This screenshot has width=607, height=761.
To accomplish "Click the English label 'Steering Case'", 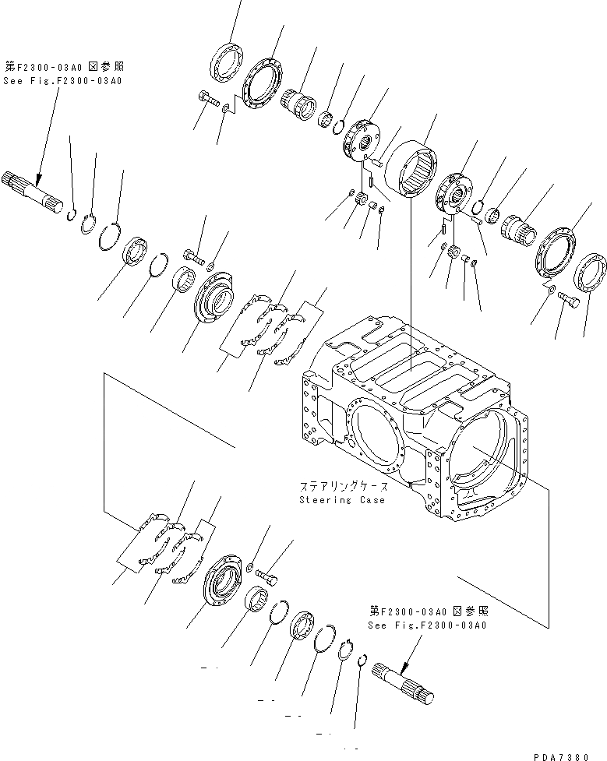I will [342, 500].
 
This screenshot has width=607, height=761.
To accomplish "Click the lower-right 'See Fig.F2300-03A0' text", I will [428, 625].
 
